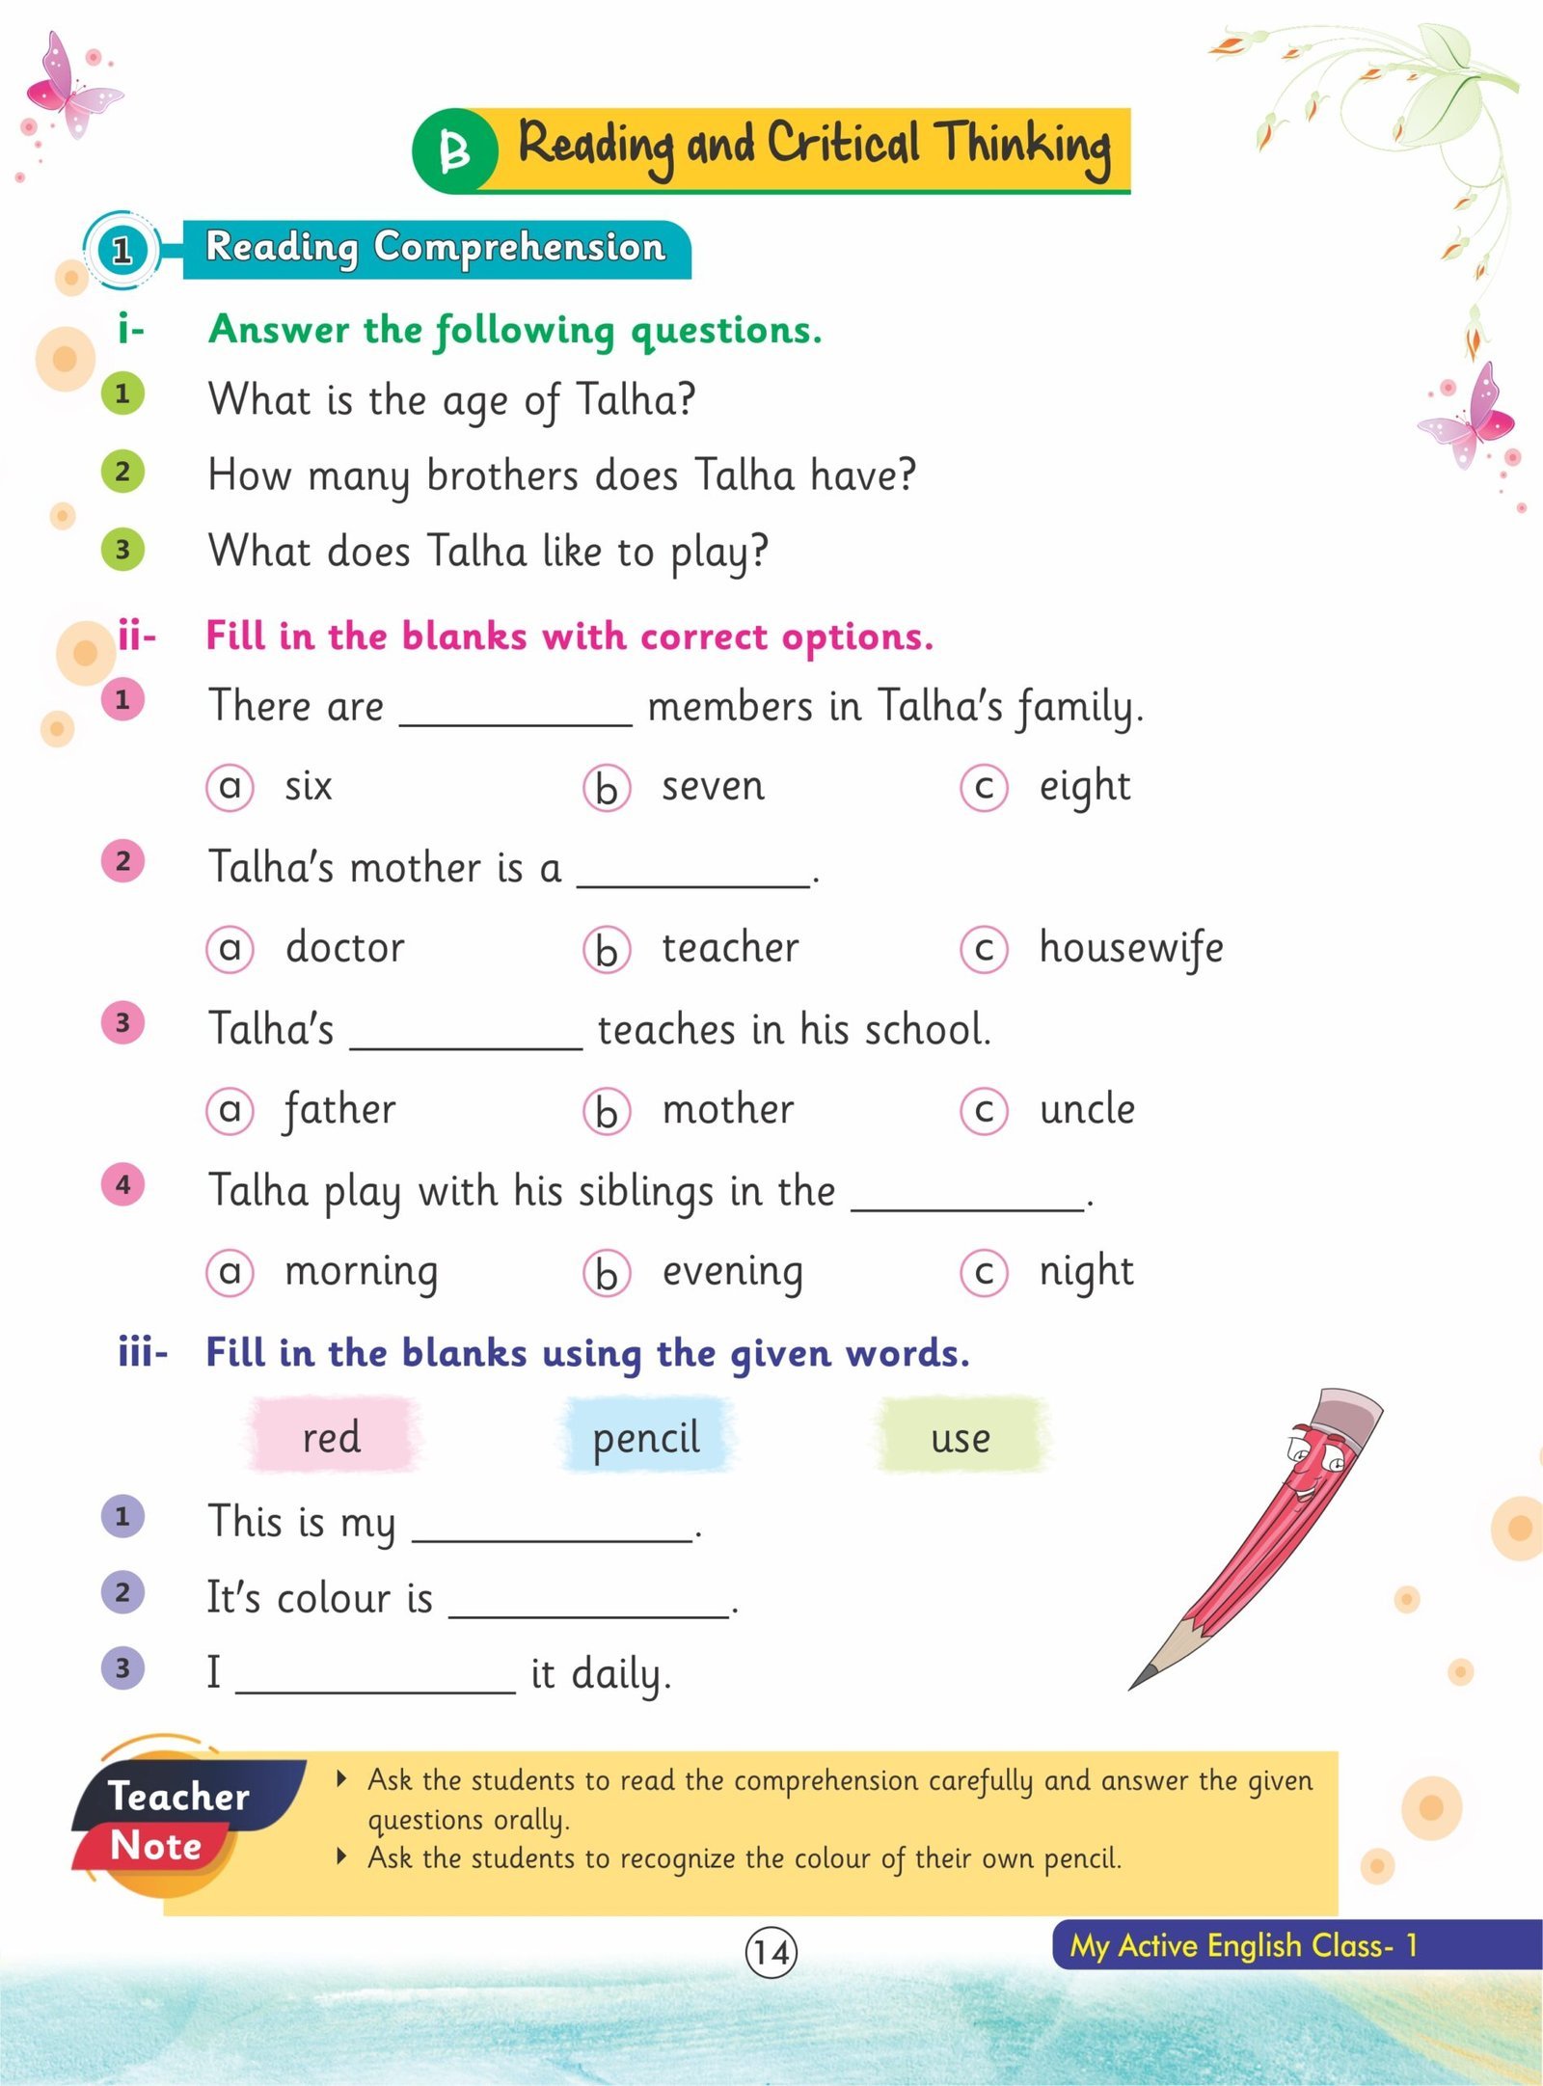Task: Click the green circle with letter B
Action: [454, 150]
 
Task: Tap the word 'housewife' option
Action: [1130, 948]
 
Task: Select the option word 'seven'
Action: [713, 786]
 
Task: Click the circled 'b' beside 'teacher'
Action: [607, 950]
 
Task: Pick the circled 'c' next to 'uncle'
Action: [984, 1111]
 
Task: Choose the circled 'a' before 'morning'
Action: [230, 1273]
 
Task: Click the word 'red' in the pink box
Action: [332, 1437]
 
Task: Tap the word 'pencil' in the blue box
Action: [646, 1438]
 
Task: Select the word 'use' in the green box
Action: [961, 1438]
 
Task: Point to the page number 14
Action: [771, 1952]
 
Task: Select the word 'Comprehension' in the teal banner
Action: [520, 248]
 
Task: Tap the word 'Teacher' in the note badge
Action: [178, 1796]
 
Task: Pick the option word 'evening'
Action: [732, 1272]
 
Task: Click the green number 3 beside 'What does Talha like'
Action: [122, 550]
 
